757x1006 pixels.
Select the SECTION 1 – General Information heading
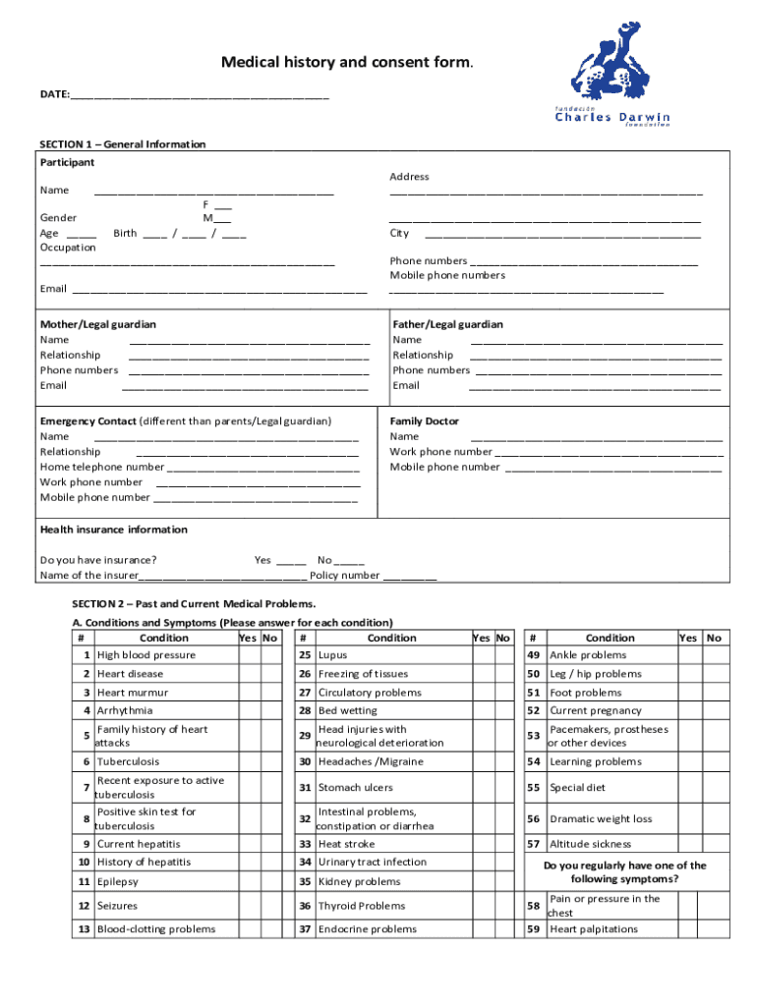[123, 144]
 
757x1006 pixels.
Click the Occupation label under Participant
[68, 248]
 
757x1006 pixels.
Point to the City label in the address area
[399, 234]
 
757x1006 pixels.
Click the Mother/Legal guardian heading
[97, 324]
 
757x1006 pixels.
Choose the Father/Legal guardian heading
[447, 324]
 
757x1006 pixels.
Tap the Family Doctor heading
[424, 421]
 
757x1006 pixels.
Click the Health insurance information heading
[113, 530]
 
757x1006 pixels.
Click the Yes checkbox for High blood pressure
[248, 655]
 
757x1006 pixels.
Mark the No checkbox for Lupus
[503, 655]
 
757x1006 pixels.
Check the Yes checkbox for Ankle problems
[689, 655]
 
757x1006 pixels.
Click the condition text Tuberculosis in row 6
[128, 761]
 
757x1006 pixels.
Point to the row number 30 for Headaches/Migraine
[305, 761]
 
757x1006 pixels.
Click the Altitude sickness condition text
[590, 844]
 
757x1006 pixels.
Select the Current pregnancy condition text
[596, 710]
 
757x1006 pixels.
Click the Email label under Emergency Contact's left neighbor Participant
[53, 289]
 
